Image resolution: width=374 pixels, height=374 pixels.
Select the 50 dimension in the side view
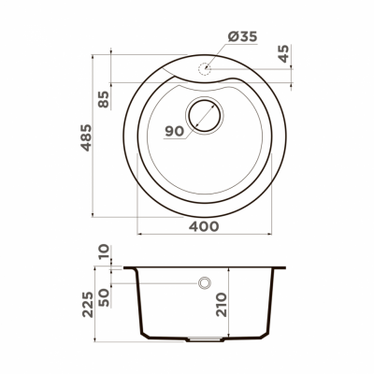click(104, 295)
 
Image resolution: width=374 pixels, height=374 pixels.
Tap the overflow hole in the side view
click(204, 283)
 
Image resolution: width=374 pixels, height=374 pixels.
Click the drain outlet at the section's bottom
click(204, 336)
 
